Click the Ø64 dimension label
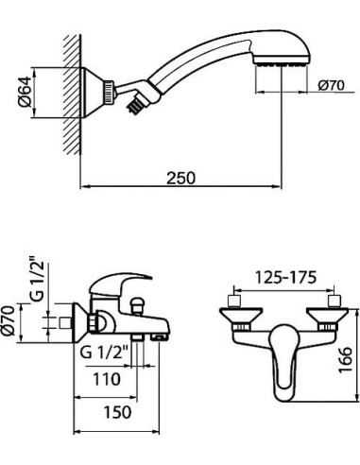[25, 92]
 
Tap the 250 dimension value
[180, 178]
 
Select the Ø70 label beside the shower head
[331, 85]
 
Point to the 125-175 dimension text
[285, 278]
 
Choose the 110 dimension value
[107, 379]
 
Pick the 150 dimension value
[117, 412]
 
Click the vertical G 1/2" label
[37, 282]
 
